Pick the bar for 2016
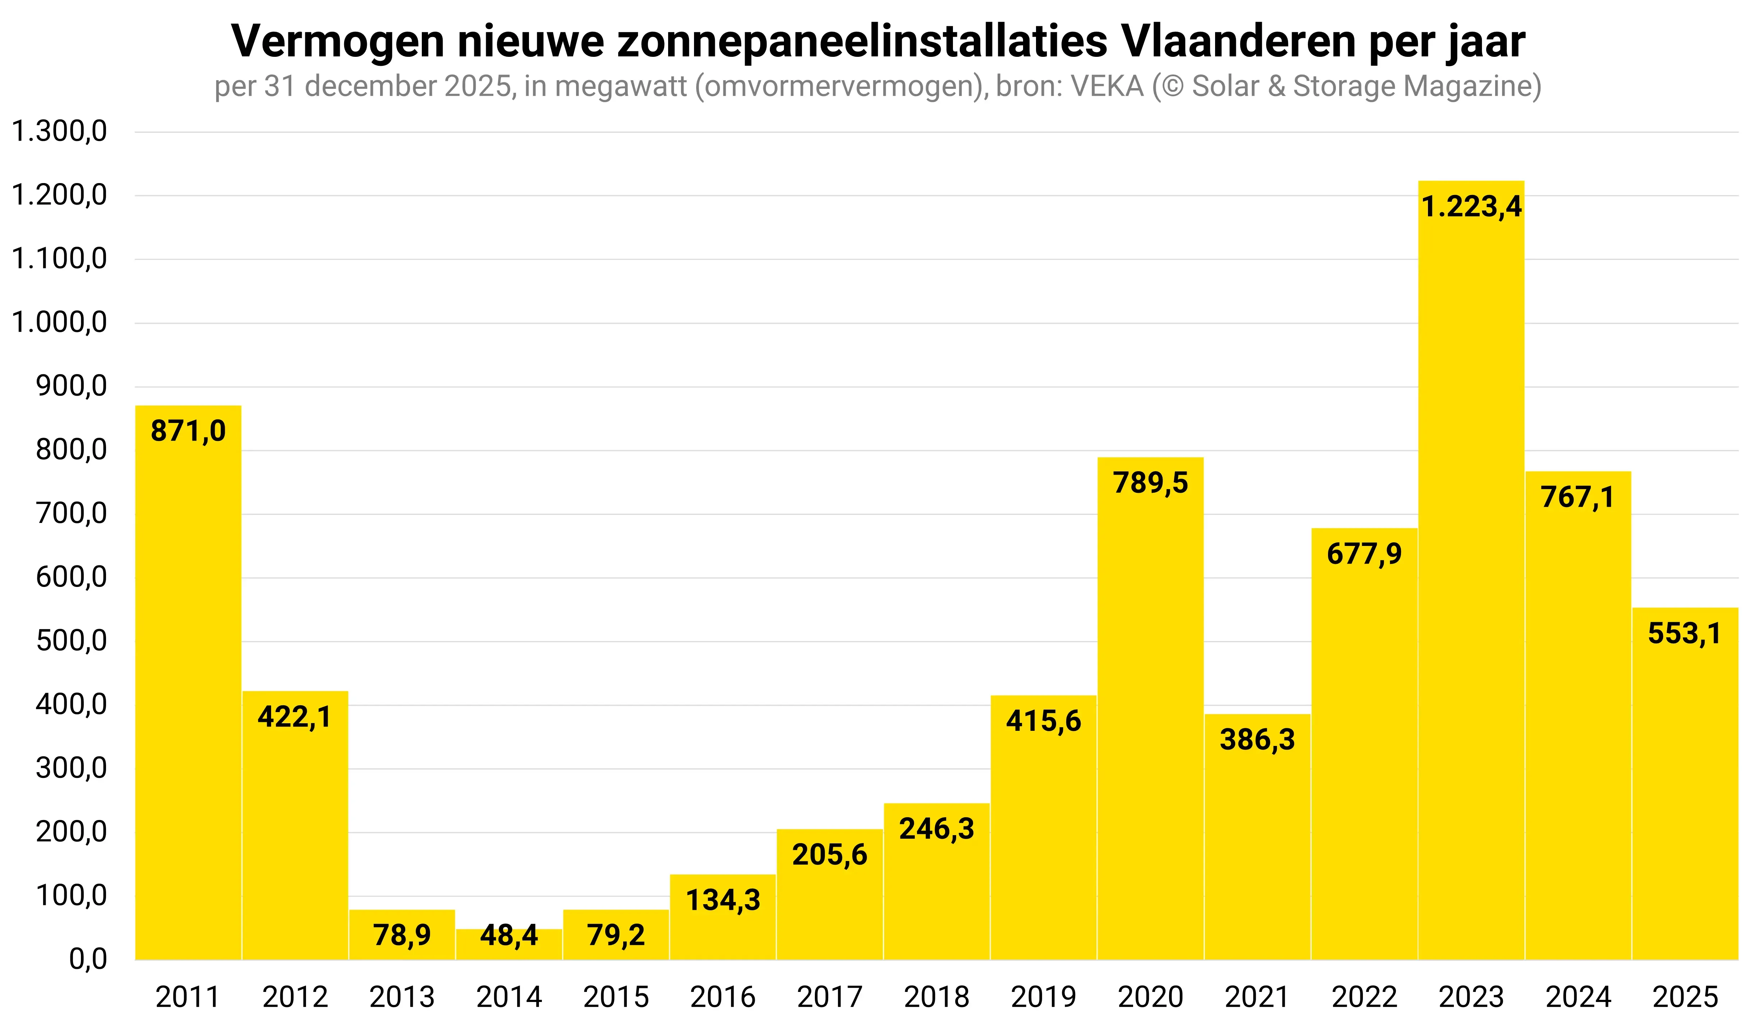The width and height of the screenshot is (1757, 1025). click(x=723, y=920)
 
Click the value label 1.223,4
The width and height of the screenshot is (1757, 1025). click(x=1471, y=207)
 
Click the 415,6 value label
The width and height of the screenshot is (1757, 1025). click(x=1043, y=721)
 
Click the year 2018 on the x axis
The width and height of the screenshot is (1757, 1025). click(x=936, y=997)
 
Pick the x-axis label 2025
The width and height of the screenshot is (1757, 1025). click(x=1685, y=997)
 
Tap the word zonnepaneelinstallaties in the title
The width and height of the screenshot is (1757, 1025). click(x=862, y=42)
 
